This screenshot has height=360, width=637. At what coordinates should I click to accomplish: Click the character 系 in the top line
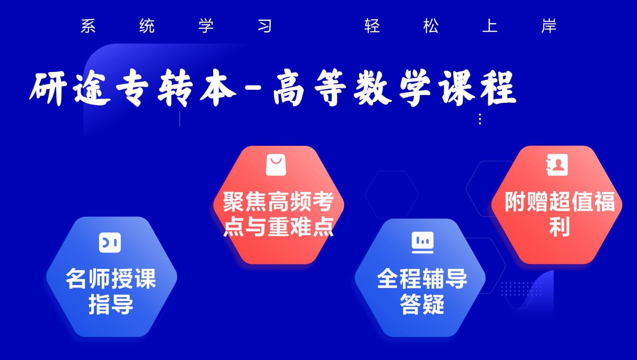coord(88,26)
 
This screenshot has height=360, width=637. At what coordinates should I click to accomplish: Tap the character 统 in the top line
coord(147,26)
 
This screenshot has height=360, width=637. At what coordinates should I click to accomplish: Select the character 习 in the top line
coord(264,26)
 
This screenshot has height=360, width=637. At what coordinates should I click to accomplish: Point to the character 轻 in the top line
coord(372,26)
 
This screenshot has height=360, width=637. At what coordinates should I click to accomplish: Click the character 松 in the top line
coord(431,26)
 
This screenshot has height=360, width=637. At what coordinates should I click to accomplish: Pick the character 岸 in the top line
coord(549,26)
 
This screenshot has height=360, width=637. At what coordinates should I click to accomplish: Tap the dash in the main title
coord(253,87)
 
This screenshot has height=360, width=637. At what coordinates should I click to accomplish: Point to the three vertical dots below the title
coord(480,119)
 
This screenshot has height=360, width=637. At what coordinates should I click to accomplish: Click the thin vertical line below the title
coord(180,119)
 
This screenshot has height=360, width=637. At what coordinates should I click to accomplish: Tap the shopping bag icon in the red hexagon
coord(276,165)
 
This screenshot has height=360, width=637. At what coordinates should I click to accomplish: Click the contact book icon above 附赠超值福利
coord(557,165)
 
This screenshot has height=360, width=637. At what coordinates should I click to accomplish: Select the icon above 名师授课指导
coord(110,242)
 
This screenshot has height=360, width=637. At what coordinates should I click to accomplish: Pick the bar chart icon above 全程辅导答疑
coord(422,242)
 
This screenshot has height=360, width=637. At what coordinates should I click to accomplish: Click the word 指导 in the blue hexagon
coord(110,304)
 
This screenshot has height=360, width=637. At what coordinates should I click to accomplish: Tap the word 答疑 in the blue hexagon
coord(422,304)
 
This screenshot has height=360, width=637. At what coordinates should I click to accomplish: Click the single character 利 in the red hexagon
coord(559,227)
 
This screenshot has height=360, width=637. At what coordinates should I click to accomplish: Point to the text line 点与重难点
coord(278,227)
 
